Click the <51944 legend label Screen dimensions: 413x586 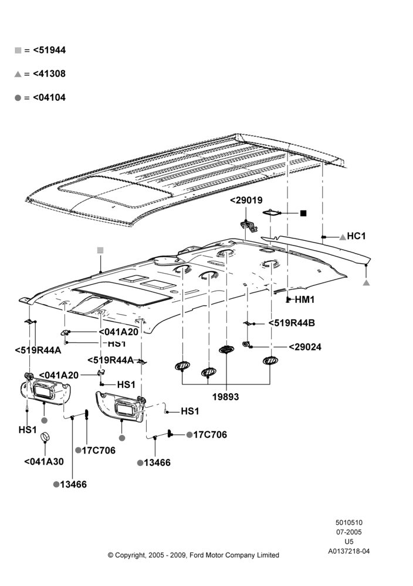click(49, 50)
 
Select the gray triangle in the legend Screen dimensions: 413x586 click(18, 74)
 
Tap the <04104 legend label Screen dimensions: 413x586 click(49, 97)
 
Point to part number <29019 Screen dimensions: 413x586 click(246, 200)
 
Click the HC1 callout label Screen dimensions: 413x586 click(356, 236)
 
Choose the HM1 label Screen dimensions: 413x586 click(305, 299)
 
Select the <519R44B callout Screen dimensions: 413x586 click(292, 323)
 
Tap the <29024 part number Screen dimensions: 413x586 click(305, 347)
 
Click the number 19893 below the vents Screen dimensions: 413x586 click(226, 397)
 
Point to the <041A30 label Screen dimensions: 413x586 click(44, 462)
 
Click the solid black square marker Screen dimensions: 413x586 click(303, 213)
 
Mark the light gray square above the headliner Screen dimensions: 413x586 click(100, 250)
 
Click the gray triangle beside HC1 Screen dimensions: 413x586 click(342, 237)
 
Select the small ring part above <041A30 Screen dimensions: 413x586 click(45, 436)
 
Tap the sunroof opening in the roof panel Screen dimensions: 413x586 click(115, 192)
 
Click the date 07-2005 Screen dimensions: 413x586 click(348, 532)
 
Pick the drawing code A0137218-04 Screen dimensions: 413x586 click(348, 551)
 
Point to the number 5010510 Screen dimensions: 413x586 click(348, 523)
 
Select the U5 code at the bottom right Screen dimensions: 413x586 click(348, 541)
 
